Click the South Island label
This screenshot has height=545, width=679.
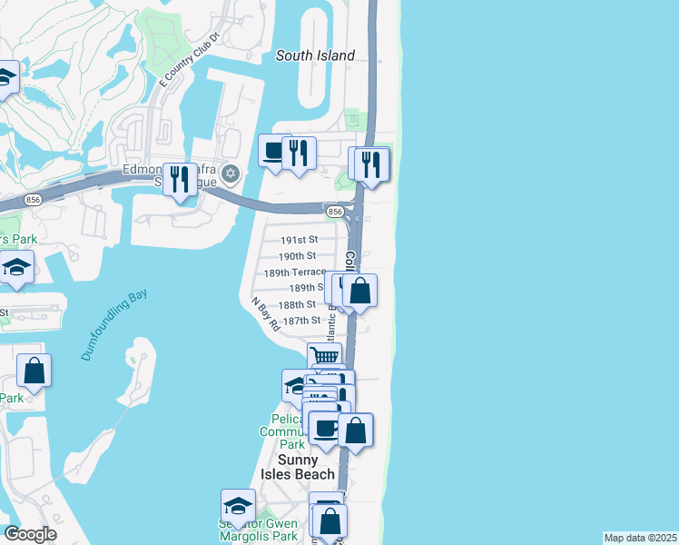tap(315, 55)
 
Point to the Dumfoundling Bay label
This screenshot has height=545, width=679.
tap(113, 325)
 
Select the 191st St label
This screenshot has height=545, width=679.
tap(298, 240)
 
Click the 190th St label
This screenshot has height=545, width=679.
tap(298, 256)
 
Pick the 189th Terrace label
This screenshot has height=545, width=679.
tap(294, 272)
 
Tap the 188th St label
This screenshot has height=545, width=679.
tap(298, 304)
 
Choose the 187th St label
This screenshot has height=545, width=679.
tap(302, 320)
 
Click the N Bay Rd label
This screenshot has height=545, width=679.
tap(264, 313)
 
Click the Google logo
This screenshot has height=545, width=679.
tap(30, 534)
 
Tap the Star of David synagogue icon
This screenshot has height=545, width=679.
tap(231, 173)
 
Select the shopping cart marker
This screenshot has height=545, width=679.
tap(324, 355)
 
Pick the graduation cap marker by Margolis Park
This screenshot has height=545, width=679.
tap(238, 505)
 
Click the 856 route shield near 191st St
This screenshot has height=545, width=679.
tap(335, 211)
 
